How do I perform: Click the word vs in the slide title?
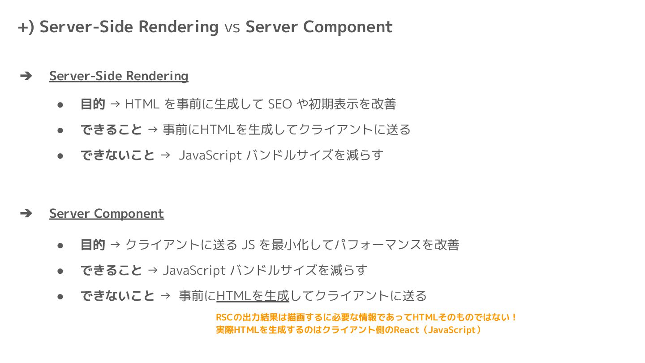232,27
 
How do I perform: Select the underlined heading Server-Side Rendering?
119,76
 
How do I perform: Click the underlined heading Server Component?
107,213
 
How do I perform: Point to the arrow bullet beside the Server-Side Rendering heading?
26,76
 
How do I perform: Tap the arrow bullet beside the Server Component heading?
26,213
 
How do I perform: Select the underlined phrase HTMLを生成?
253,296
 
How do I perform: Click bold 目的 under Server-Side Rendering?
93,104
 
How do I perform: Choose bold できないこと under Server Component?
117,296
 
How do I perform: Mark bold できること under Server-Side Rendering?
111,130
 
